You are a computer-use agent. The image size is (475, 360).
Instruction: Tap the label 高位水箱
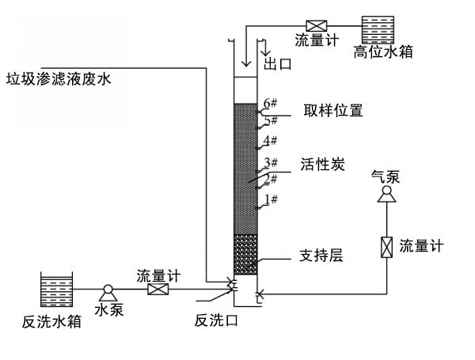coord(384,54)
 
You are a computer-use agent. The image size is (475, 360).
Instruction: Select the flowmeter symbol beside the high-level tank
coord(313,24)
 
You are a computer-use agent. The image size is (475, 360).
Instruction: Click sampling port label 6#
coord(270,104)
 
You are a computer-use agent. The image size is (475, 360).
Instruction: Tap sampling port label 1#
coord(270,199)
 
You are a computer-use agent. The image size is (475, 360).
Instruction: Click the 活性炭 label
coord(321,165)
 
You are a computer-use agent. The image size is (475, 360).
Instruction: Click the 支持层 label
coord(320,256)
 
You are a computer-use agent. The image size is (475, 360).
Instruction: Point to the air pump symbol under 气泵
coord(386,195)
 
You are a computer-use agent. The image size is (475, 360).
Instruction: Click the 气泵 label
coord(386,176)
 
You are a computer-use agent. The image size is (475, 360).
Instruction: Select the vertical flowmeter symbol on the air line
coord(386,247)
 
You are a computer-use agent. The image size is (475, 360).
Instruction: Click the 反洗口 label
coord(216,320)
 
